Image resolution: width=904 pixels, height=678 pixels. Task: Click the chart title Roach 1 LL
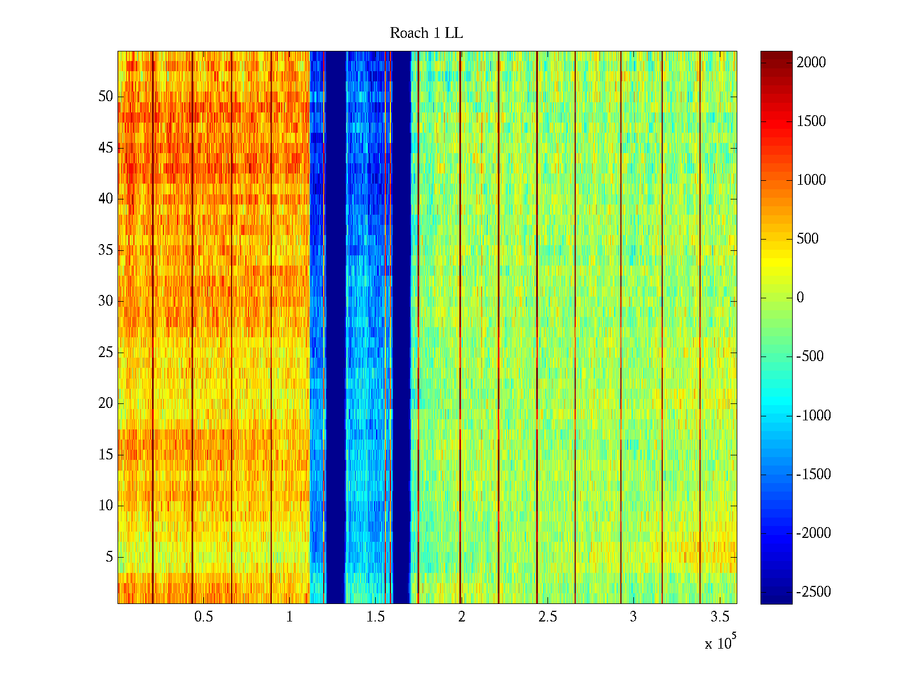[x=426, y=33]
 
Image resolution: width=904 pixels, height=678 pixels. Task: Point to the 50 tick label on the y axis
[x=106, y=97]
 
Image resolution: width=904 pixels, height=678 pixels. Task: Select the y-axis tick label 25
[x=106, y=353]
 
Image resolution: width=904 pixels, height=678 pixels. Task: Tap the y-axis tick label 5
[x=109, y=557]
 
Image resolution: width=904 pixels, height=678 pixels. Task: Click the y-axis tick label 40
[x=106, y=199]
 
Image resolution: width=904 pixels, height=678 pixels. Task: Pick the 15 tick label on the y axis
[x=106, y=455]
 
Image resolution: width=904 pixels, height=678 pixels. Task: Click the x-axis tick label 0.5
[x=203, y=617]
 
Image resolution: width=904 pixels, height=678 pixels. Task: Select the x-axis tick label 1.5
[x=375, y=617]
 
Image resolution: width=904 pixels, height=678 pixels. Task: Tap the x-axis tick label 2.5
[x=547, y=617]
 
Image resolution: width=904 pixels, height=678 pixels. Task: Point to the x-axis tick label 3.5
[x=719, y=617]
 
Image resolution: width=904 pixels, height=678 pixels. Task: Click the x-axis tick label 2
[x=462, y=617]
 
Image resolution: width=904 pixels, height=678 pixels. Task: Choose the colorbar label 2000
[x=811, y=63]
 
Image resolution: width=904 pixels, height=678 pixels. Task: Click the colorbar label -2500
[x=813, y=592]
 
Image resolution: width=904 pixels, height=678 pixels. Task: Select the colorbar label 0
[x=799, y=298]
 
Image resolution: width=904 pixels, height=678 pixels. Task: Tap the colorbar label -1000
[x=813, y=416]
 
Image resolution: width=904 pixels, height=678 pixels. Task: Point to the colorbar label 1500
[x=811, y=121]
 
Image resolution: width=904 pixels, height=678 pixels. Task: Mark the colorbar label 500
[x=807, y=239]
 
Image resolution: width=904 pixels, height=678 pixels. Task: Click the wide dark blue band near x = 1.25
[x=336, y=328]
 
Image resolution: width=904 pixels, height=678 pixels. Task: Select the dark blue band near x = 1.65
[x=401, y=328]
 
